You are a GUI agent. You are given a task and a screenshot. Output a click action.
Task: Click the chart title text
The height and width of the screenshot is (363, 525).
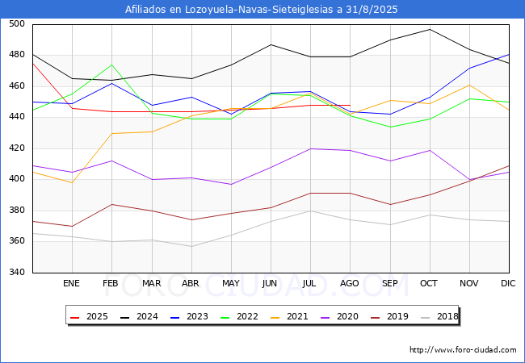[x=262, y=10]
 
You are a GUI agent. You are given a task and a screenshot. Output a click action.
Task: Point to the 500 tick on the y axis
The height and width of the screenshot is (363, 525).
[x=15, y=24]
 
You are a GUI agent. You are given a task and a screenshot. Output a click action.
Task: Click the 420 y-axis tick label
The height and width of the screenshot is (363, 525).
[x=15, y=148]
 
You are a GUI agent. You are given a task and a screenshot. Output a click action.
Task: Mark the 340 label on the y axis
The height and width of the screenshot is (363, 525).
[x=15, y=273]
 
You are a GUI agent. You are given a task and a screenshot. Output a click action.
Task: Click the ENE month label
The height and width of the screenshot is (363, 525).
[x=71, y=284]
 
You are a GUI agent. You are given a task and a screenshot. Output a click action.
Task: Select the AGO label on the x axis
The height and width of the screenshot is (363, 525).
[x=350, y=284]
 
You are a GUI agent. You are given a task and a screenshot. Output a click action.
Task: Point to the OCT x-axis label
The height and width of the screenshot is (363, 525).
[x=429, y=284]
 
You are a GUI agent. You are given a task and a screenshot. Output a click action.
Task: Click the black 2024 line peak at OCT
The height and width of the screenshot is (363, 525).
[x=430, y=29]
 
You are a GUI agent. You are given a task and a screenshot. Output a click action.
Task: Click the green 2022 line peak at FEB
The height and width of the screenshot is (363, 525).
[x=111, y=65]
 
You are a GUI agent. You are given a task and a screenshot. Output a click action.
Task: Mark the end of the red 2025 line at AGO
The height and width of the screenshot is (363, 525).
[x=350, y=105]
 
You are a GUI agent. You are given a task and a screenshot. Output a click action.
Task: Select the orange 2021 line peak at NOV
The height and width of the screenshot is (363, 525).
[x=469, y=85]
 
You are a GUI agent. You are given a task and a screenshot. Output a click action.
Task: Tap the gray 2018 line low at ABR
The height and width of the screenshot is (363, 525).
[x=191, y=246]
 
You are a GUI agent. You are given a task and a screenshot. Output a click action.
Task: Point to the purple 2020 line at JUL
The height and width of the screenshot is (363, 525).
[x=310, y=148]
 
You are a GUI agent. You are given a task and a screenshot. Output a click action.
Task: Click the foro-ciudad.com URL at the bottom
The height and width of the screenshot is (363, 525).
[x=463, y=350]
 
